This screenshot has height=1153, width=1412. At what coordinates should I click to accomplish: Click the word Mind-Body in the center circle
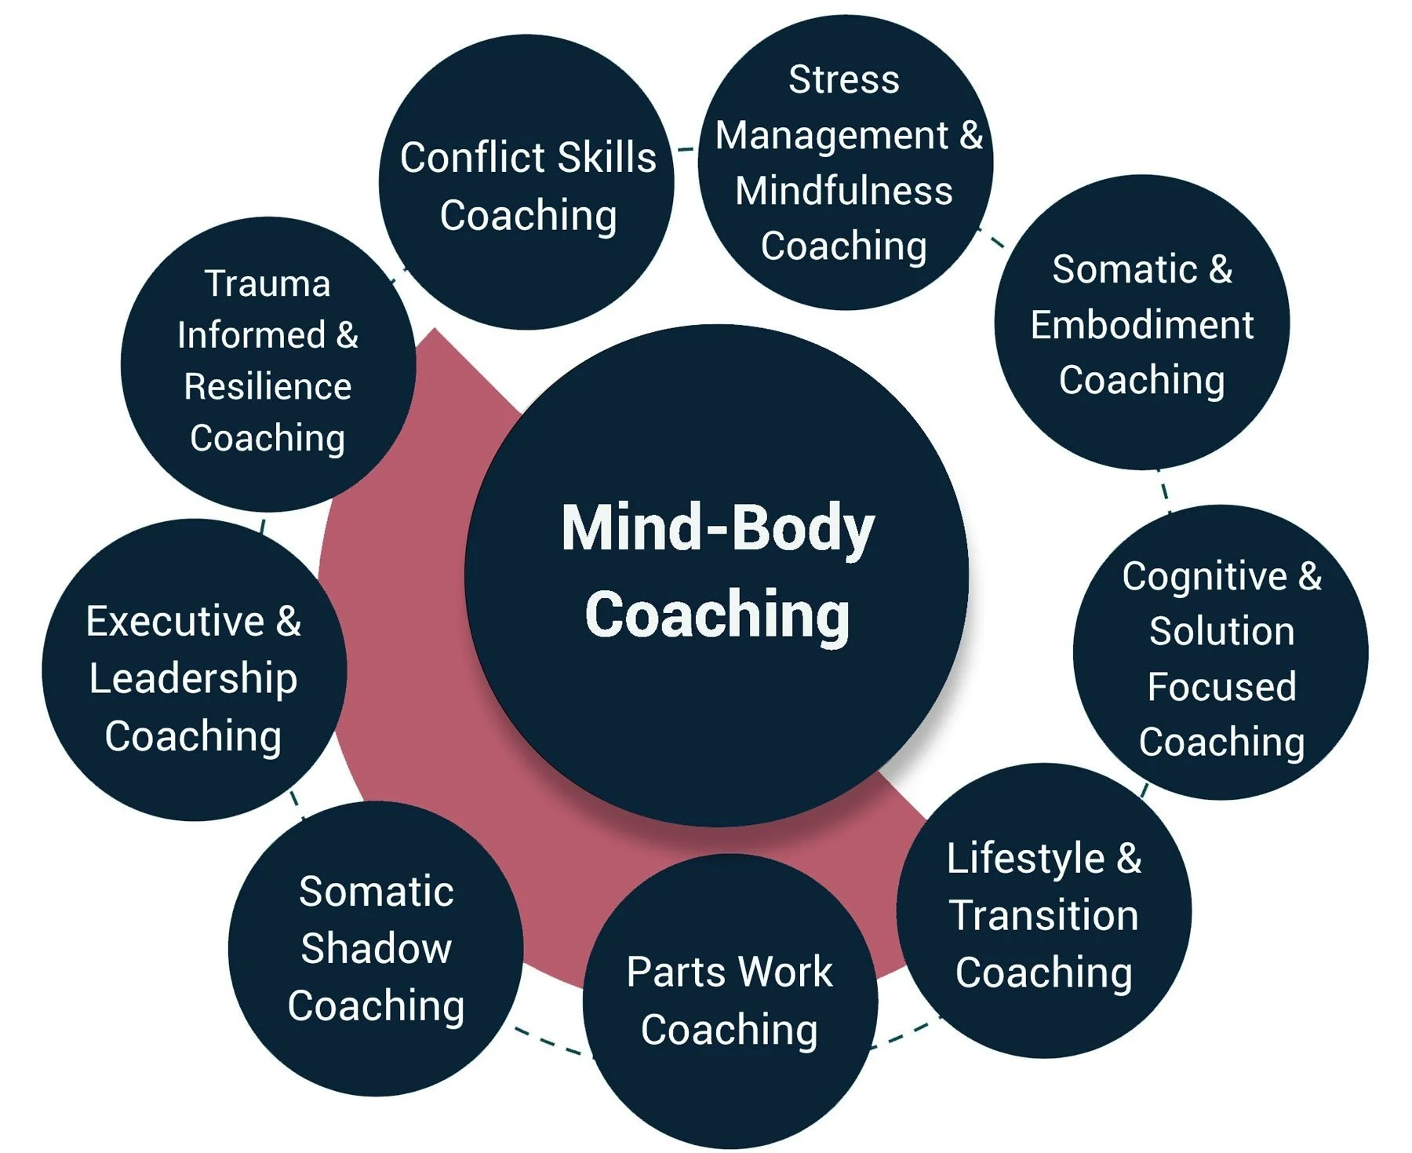718,528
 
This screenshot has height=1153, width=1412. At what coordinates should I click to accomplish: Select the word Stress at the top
843,79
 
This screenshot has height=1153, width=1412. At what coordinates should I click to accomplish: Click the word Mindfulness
844,191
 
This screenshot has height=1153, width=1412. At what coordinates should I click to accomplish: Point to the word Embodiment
1141,325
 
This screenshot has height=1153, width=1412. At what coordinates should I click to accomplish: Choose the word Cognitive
1204,576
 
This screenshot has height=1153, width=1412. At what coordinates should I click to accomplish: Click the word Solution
1221,631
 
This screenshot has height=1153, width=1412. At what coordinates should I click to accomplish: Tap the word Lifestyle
1026,858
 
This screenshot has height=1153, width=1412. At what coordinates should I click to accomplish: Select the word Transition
1043,915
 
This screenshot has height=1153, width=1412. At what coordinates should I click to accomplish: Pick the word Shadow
376,948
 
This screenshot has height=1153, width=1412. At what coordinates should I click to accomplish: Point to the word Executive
175,622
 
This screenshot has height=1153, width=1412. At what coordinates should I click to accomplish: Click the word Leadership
193,679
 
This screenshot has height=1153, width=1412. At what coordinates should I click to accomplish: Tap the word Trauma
267,283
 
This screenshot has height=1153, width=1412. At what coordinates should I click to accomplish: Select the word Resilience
267,386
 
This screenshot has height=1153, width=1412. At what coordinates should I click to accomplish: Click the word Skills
599,158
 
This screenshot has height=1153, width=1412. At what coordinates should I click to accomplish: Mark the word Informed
251,335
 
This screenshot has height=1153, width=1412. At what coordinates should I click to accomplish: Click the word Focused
1221,687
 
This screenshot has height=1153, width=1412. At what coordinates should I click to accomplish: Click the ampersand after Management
971,135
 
